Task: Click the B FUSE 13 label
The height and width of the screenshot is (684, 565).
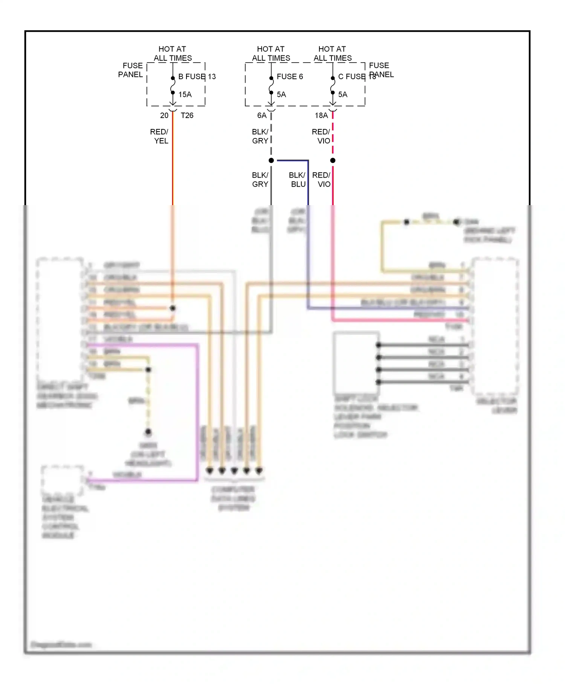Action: coord(197,77)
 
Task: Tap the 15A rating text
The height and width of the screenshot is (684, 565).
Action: coord(185,95)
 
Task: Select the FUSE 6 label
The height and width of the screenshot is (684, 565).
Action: coord(290,77)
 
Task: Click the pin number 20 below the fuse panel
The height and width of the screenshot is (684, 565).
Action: coord(164,115)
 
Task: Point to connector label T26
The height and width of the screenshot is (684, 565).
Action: coord(187,115)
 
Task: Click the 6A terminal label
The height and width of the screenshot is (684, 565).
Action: coord(262,115)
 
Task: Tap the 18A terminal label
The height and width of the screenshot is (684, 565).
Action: coord(321,115)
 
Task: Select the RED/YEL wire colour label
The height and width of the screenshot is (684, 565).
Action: coord(159,136)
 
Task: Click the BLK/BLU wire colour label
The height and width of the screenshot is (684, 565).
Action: coord(297,179)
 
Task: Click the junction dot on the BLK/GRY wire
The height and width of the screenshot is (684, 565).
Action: coord(271,161)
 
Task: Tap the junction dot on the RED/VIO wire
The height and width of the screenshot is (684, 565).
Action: coord(333,161)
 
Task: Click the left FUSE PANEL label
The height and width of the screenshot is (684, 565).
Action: coord(131,70)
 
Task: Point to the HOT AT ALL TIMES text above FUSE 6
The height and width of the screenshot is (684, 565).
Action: coord(271,54)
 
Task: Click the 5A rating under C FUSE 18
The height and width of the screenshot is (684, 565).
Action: coord(343,95)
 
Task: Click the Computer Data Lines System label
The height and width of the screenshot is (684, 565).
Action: coord(234,498)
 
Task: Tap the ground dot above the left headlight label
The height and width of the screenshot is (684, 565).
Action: coord(148,431)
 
